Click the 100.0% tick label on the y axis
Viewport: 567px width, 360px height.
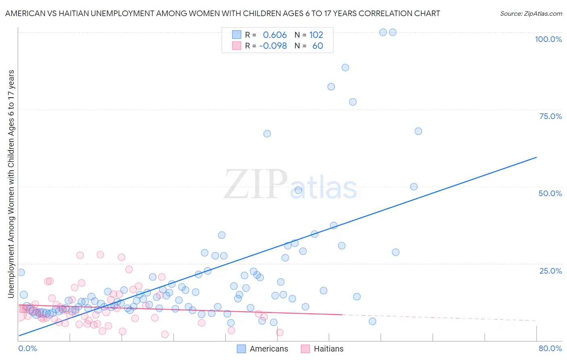click(548, 39)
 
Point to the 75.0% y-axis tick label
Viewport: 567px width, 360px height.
click(550, 116)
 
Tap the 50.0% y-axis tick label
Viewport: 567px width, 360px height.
click(550, 193)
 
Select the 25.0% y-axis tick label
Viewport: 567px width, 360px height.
click(550, 271)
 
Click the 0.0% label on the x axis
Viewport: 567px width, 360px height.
click(27, 348)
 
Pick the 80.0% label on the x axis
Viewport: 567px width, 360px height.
click(550, 348)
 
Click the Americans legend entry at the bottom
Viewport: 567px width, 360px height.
click(269, 349)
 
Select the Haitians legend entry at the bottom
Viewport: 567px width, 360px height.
click(328, 349)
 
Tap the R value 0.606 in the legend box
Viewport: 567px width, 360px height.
click(275, 35)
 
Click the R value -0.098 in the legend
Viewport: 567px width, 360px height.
click(273, 46)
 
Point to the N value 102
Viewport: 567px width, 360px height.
click(316, 35)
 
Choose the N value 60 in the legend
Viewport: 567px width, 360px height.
click(318, 46)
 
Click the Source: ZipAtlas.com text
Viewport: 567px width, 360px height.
click(531, 13)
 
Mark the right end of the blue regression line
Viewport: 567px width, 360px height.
click(536, 157)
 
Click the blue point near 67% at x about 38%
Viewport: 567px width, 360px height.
click(267, 134)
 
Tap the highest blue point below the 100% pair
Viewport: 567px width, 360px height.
click(345, 67)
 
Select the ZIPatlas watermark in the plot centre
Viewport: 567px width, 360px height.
click(290, 185)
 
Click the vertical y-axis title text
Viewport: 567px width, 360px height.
click(11, 184)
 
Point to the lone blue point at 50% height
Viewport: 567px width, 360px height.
click(414, 186)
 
